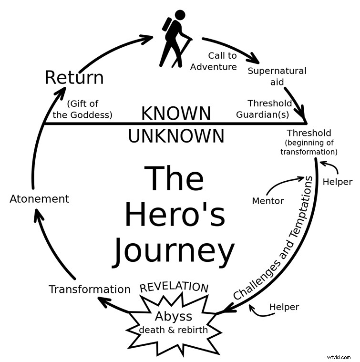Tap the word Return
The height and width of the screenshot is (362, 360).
(x=74, y=77)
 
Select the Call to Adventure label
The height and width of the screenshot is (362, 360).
(x=214, y=62)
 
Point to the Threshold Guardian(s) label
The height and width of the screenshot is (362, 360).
(x=269, y=109)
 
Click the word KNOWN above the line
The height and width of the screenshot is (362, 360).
(x=175, y=114)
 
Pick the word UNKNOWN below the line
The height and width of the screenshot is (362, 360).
(x=175, y=136)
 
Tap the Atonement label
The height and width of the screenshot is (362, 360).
(x=40, y=199)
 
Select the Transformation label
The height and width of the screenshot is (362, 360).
(x=90, y=289)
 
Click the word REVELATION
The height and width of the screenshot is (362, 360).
(x=174, y=287)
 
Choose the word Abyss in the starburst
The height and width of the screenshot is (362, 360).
(x=174, y=316)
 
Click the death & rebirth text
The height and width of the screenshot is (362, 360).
(x=174, y=330)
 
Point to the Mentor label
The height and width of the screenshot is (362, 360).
(x=267, y=201)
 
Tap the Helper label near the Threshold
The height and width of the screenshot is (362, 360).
(x=338, y=182)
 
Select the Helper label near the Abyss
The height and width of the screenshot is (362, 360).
(x=284, y=307)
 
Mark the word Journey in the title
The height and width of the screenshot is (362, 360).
(x=174, y=250)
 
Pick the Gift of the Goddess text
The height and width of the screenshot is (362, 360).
(x=89, y=109)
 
